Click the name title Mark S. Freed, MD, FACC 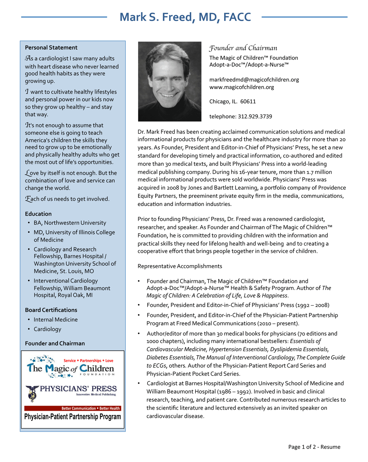pos(185,17)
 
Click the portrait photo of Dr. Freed pos(170,81)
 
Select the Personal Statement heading pos(51,48)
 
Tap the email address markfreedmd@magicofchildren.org pos(254,80)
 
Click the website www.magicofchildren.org pos(242,87)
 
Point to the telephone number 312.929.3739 pos(255,117)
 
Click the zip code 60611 pos(248,101)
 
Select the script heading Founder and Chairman pos(243,48)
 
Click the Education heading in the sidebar pos(38,214)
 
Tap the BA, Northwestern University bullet pos(70,223)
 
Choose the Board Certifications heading pos(51,310)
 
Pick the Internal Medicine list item pos(56,320)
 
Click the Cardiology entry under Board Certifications pos(48,329)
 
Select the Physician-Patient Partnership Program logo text pos(73,416)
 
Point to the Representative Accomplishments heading pos(180,266)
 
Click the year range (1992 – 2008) pos(312,305)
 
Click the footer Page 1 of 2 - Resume pos(314,447)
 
